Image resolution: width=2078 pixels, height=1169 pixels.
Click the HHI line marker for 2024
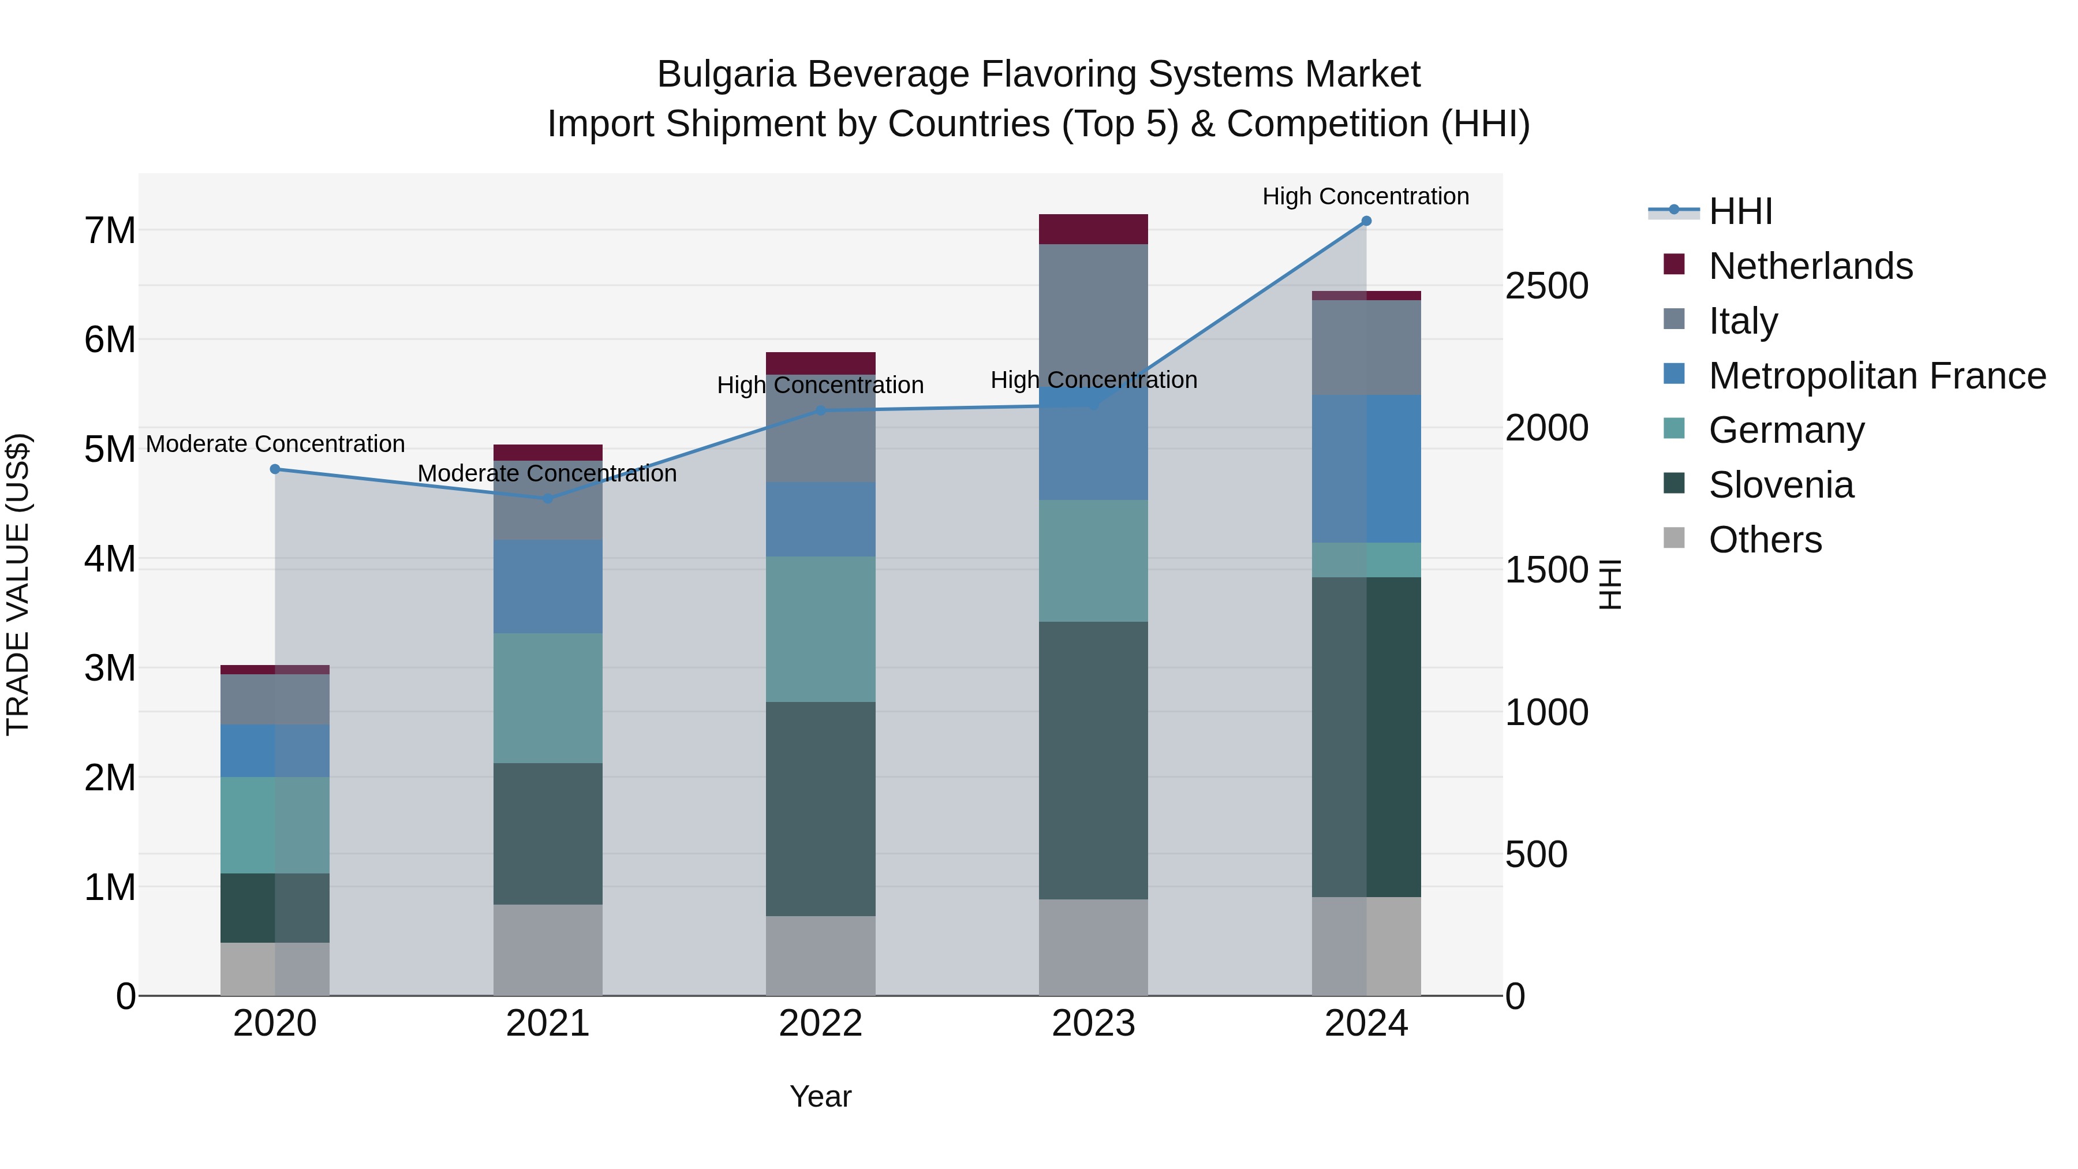(1366, 221)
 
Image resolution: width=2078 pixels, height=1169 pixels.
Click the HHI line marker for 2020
(275, 469)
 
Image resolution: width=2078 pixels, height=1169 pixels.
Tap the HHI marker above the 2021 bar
(548, 499)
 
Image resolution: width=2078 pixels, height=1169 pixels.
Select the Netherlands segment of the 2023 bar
(1093, 229)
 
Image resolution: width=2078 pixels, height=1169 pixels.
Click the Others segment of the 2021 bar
(548, 950)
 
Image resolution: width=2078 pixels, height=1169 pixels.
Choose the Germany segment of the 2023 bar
(1093, 561)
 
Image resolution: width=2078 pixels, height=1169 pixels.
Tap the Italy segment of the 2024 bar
(1366, 348)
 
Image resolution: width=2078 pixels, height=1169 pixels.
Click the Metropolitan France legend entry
(1877, 376)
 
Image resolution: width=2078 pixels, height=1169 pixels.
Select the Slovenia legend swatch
(1674, 484)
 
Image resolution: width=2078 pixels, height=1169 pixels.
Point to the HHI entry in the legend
(1740, 211)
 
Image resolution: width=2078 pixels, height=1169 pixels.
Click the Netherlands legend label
(1810, 266)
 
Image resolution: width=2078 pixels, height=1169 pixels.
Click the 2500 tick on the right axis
(1546, 286)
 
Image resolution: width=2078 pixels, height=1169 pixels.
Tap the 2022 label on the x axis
(820, 1024)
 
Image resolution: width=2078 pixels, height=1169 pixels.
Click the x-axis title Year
(820, 1096)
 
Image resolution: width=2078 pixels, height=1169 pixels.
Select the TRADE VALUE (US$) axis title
(18, 584)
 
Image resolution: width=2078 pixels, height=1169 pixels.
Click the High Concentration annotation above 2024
(1365, 196)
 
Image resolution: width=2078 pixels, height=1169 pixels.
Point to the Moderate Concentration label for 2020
(275, 444)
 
